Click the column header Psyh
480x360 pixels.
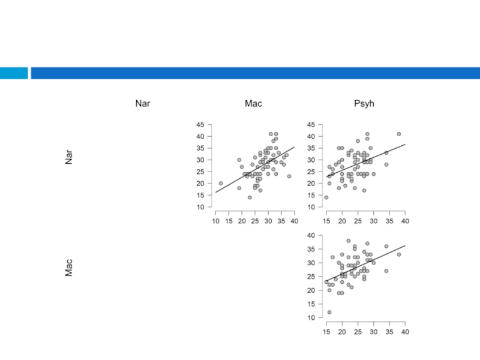click(x=364, y=104)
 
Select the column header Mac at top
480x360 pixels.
click(x=253, y=104)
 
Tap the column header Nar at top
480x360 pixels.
click(x=143, y=104)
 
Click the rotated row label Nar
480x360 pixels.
click(x=69, y=157)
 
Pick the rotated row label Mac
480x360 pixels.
click(x=69, y=268)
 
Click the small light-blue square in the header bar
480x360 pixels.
click(x=14, y=73)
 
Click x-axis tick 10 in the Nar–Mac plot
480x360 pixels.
click(x=216, y=221)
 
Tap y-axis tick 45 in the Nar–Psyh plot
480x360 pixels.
click(x=311, y=125)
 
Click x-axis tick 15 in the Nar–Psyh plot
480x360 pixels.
click(x=326, y=221)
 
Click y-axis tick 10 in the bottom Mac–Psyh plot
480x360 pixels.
click(x=311, y=318)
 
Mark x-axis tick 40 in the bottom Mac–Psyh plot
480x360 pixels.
click(x=405, y=332)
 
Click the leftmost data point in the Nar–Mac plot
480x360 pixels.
click(x=221, y=184)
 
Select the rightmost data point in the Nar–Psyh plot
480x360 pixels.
click(x=398, y=134)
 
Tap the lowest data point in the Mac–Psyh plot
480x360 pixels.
click(x=329, y=312)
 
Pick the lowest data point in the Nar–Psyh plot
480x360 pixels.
click(x=326, y=197)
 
